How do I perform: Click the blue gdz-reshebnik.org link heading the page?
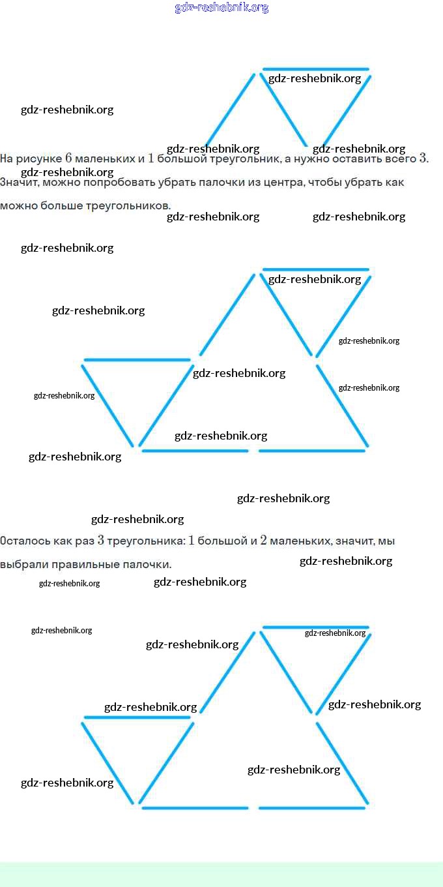(221, 8)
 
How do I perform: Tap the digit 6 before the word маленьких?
(68, 158)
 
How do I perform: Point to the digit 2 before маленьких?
(263, 540)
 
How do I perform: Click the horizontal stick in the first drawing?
(315, 69)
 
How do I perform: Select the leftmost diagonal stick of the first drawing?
(230, 110)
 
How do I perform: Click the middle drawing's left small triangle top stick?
(137, 360)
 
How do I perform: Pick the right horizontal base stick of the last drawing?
(311, 808)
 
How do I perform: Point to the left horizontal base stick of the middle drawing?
(195, 451)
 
